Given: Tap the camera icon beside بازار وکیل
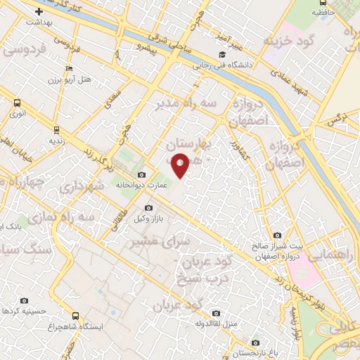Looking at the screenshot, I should (x=148, y=208).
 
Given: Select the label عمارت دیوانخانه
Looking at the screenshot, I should (x=169, y=186).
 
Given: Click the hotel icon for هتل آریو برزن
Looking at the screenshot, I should (x=68, y=68).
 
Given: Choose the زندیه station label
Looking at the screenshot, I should (x=38, y=140).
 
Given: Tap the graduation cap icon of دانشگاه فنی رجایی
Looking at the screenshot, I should (x=222, y=55).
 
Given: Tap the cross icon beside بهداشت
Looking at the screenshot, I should (x=39, y=11).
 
